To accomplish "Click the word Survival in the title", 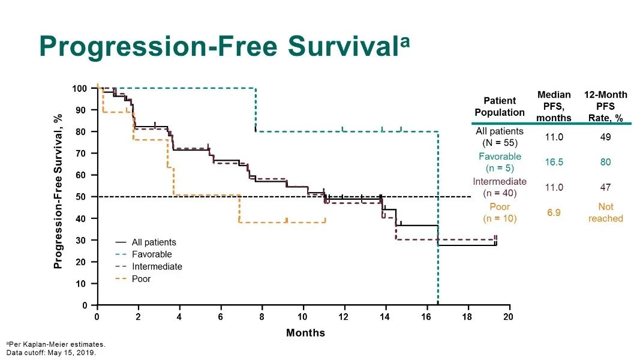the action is (x=344, y=46).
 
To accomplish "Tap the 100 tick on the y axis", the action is (x=79, y=89).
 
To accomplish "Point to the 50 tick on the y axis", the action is (x=82, y=197).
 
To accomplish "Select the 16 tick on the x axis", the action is (x=426, y=317).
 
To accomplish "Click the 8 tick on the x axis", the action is (x=262, y=317).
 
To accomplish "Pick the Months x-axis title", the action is (x=305, y=332).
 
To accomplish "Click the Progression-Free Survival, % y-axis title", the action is (x=58, y=191).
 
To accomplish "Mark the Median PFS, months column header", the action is (x=554, y=106).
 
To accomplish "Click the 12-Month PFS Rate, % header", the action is (x=606, y=106).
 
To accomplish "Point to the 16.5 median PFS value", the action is (x=554, y=162).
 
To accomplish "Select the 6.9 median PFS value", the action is (x=554, y=212).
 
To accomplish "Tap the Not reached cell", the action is (x=606, y=212).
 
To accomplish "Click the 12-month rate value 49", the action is (x=606, y=137).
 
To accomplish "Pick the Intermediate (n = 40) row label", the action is (x=500, y=187).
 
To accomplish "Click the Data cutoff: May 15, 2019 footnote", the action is (x=51, y=353).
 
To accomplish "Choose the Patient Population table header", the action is (x=500, y=107).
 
